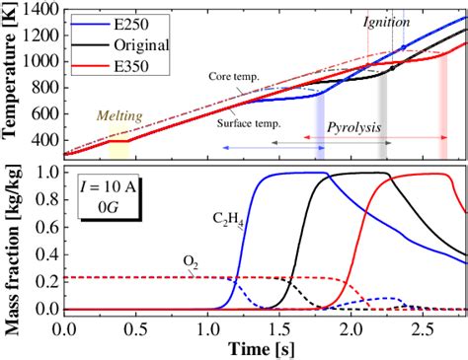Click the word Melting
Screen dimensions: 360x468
click(x=119, y=115)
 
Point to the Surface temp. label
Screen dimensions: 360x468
click(x=247, y=123)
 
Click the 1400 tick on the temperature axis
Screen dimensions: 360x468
click(x=42, y=9)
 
